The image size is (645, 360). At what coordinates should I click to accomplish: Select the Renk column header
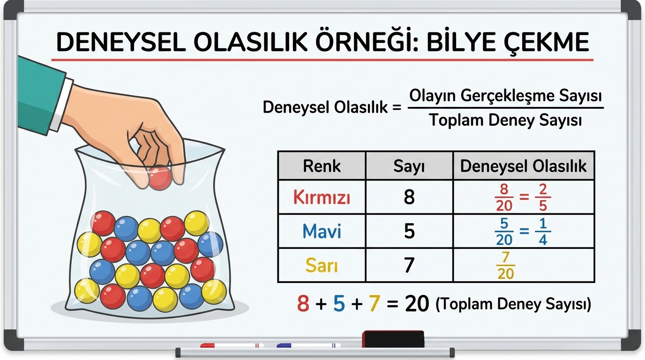tap(322, 165)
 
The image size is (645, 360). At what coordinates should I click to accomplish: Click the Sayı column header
tap(409, 165)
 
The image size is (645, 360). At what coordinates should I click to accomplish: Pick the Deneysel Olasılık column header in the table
tap(523, 165)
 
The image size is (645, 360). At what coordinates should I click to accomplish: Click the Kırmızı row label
tap(322, 197)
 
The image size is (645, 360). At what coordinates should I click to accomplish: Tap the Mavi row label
tap(322, 231)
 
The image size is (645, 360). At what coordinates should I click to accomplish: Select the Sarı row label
tap(322, 265)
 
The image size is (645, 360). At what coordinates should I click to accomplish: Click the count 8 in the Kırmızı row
tap(409, 197)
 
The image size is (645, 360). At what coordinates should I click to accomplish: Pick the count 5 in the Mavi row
tap(409, 231)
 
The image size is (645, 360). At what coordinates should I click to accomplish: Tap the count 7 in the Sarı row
tap(409, 265)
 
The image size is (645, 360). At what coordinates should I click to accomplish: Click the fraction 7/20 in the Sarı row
tap(506, 265)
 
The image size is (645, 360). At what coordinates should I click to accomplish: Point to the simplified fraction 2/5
tap(543, 197)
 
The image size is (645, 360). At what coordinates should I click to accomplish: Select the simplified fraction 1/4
tap(543, 231)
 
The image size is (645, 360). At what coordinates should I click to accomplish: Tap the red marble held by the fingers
tap(160, 179)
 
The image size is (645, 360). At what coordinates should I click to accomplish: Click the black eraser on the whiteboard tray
tap(393, 339)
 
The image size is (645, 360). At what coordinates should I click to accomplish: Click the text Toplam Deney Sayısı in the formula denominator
tap(505, 120)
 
